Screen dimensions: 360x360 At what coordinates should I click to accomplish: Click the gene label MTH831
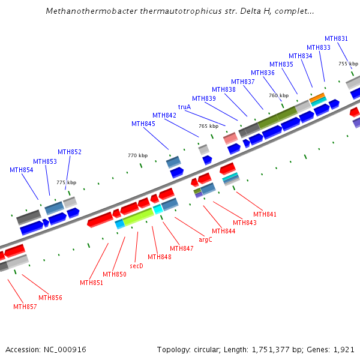(336, 39)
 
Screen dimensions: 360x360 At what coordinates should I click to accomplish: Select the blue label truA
(184, 107)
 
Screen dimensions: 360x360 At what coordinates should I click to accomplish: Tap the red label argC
(205, 239)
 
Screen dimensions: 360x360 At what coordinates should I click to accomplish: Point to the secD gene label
(136, 266)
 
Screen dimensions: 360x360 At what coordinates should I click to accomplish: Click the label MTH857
(25, 307)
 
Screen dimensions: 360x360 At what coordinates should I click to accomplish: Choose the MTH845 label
(143, 124)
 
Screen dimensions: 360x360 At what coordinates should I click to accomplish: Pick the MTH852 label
(70, 152)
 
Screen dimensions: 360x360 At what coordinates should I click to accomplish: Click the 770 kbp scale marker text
(137, 155)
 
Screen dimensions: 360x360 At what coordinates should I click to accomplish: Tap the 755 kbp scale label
(348, 64)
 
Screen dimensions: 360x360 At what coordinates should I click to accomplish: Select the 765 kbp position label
(208, 127)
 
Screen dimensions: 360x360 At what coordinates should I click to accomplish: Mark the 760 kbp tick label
(278, 95)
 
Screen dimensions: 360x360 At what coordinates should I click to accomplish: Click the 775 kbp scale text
(67, 182)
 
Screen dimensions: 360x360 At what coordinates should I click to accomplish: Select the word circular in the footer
(207, 349)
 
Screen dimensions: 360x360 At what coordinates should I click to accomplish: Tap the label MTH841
(265, 214)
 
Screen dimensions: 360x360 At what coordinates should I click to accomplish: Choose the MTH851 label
(91, 283)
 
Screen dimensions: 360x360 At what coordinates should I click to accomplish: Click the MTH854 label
(22, 170)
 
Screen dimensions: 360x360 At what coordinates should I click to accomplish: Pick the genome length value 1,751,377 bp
(275, 349)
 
